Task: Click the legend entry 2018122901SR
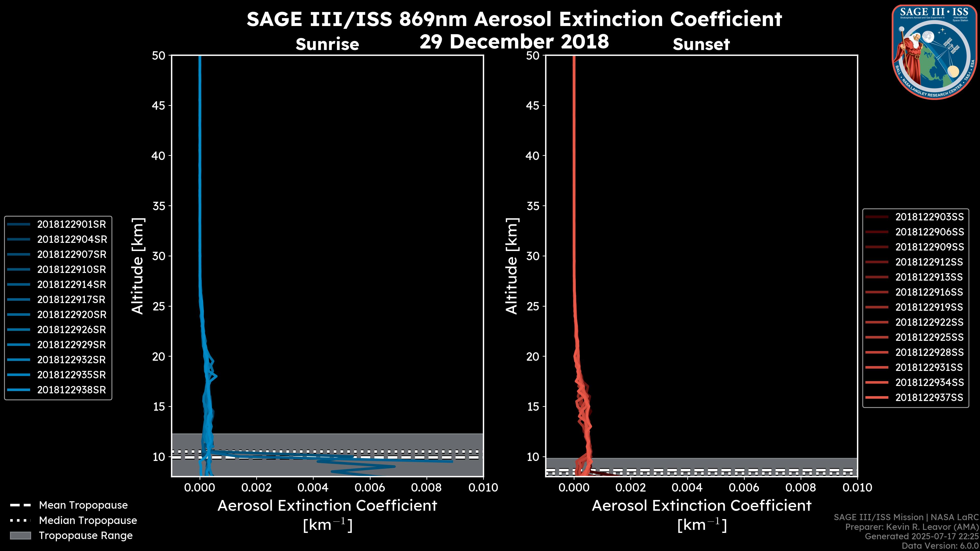[x=71, y=224]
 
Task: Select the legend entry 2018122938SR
[x=71, y=390]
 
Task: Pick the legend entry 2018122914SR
[x=71, y=284]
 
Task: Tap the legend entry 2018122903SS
[x=929, y=217]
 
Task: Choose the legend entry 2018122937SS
[x=929, y=397]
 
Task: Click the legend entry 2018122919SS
[x=929, y=307]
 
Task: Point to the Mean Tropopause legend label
[x=83, y=505]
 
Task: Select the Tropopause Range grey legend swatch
[x=20, y=535]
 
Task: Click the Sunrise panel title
[x=327, y=44]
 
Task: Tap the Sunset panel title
[x=701, y=44]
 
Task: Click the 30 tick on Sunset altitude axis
[x=533, y=256]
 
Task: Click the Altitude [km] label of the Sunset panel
[x=512, y=266]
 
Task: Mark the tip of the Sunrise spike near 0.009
[x=452, y=461]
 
